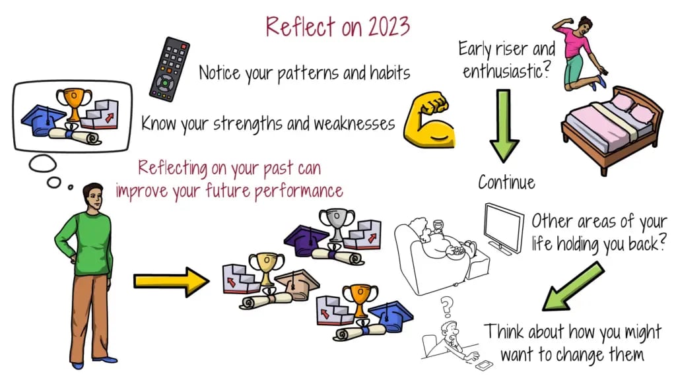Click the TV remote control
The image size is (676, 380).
pyautogui.click(x=169, y=69)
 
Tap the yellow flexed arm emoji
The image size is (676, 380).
pyautogui.click(x=429, y=120)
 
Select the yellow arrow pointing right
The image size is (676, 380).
pyautogui.click(x=171, y=282)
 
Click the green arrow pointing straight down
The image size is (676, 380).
pyautogui.click(x=504, y=125)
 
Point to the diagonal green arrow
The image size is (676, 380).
pyautogui.click(x=573, y=286)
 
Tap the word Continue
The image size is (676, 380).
pyautogui.click(x=506, y=182)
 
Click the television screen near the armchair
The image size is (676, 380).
pyautogui.click(x=503, y=229)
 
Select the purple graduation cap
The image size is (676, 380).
pyautogui.click(x=306, y=239)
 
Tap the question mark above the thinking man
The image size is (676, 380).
pyautogui.click(x=447, y=307)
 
